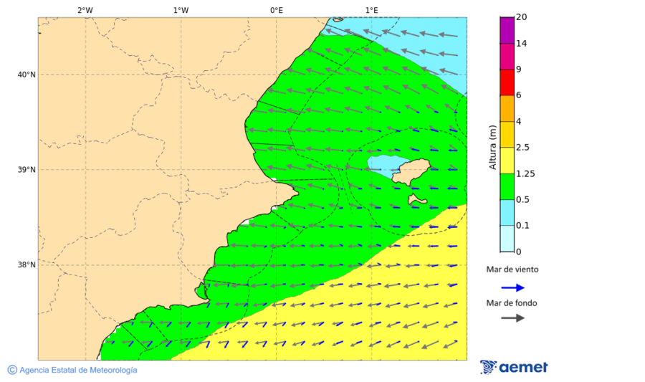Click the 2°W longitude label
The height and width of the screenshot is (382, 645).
click(x=85, y=10)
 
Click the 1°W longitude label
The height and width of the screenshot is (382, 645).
click(x=181, y=10)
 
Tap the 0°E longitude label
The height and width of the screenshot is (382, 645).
click(x=276, y=10)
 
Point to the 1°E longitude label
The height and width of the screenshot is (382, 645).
click(x=371, y=10)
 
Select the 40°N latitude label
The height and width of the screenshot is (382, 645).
click(x=27, y=75)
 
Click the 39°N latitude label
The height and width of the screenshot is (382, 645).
click(x=27, y=170)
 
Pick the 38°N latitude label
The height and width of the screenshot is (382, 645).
click(x=27, y=265)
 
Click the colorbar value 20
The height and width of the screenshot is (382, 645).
click(x=522, y=17)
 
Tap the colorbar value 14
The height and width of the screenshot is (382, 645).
click(x=522, y=44)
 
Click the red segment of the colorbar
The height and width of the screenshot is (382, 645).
click(x=507, y=82)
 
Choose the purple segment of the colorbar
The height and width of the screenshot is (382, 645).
click(x=507, y=30)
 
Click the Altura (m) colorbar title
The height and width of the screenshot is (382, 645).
click(x=492, y=147)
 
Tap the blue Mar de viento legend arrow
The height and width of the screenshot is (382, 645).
click(x=512, y=287)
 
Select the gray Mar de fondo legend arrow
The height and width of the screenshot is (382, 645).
click(x=512, y=317)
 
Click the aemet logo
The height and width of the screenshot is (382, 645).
click(x=514, y=367)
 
